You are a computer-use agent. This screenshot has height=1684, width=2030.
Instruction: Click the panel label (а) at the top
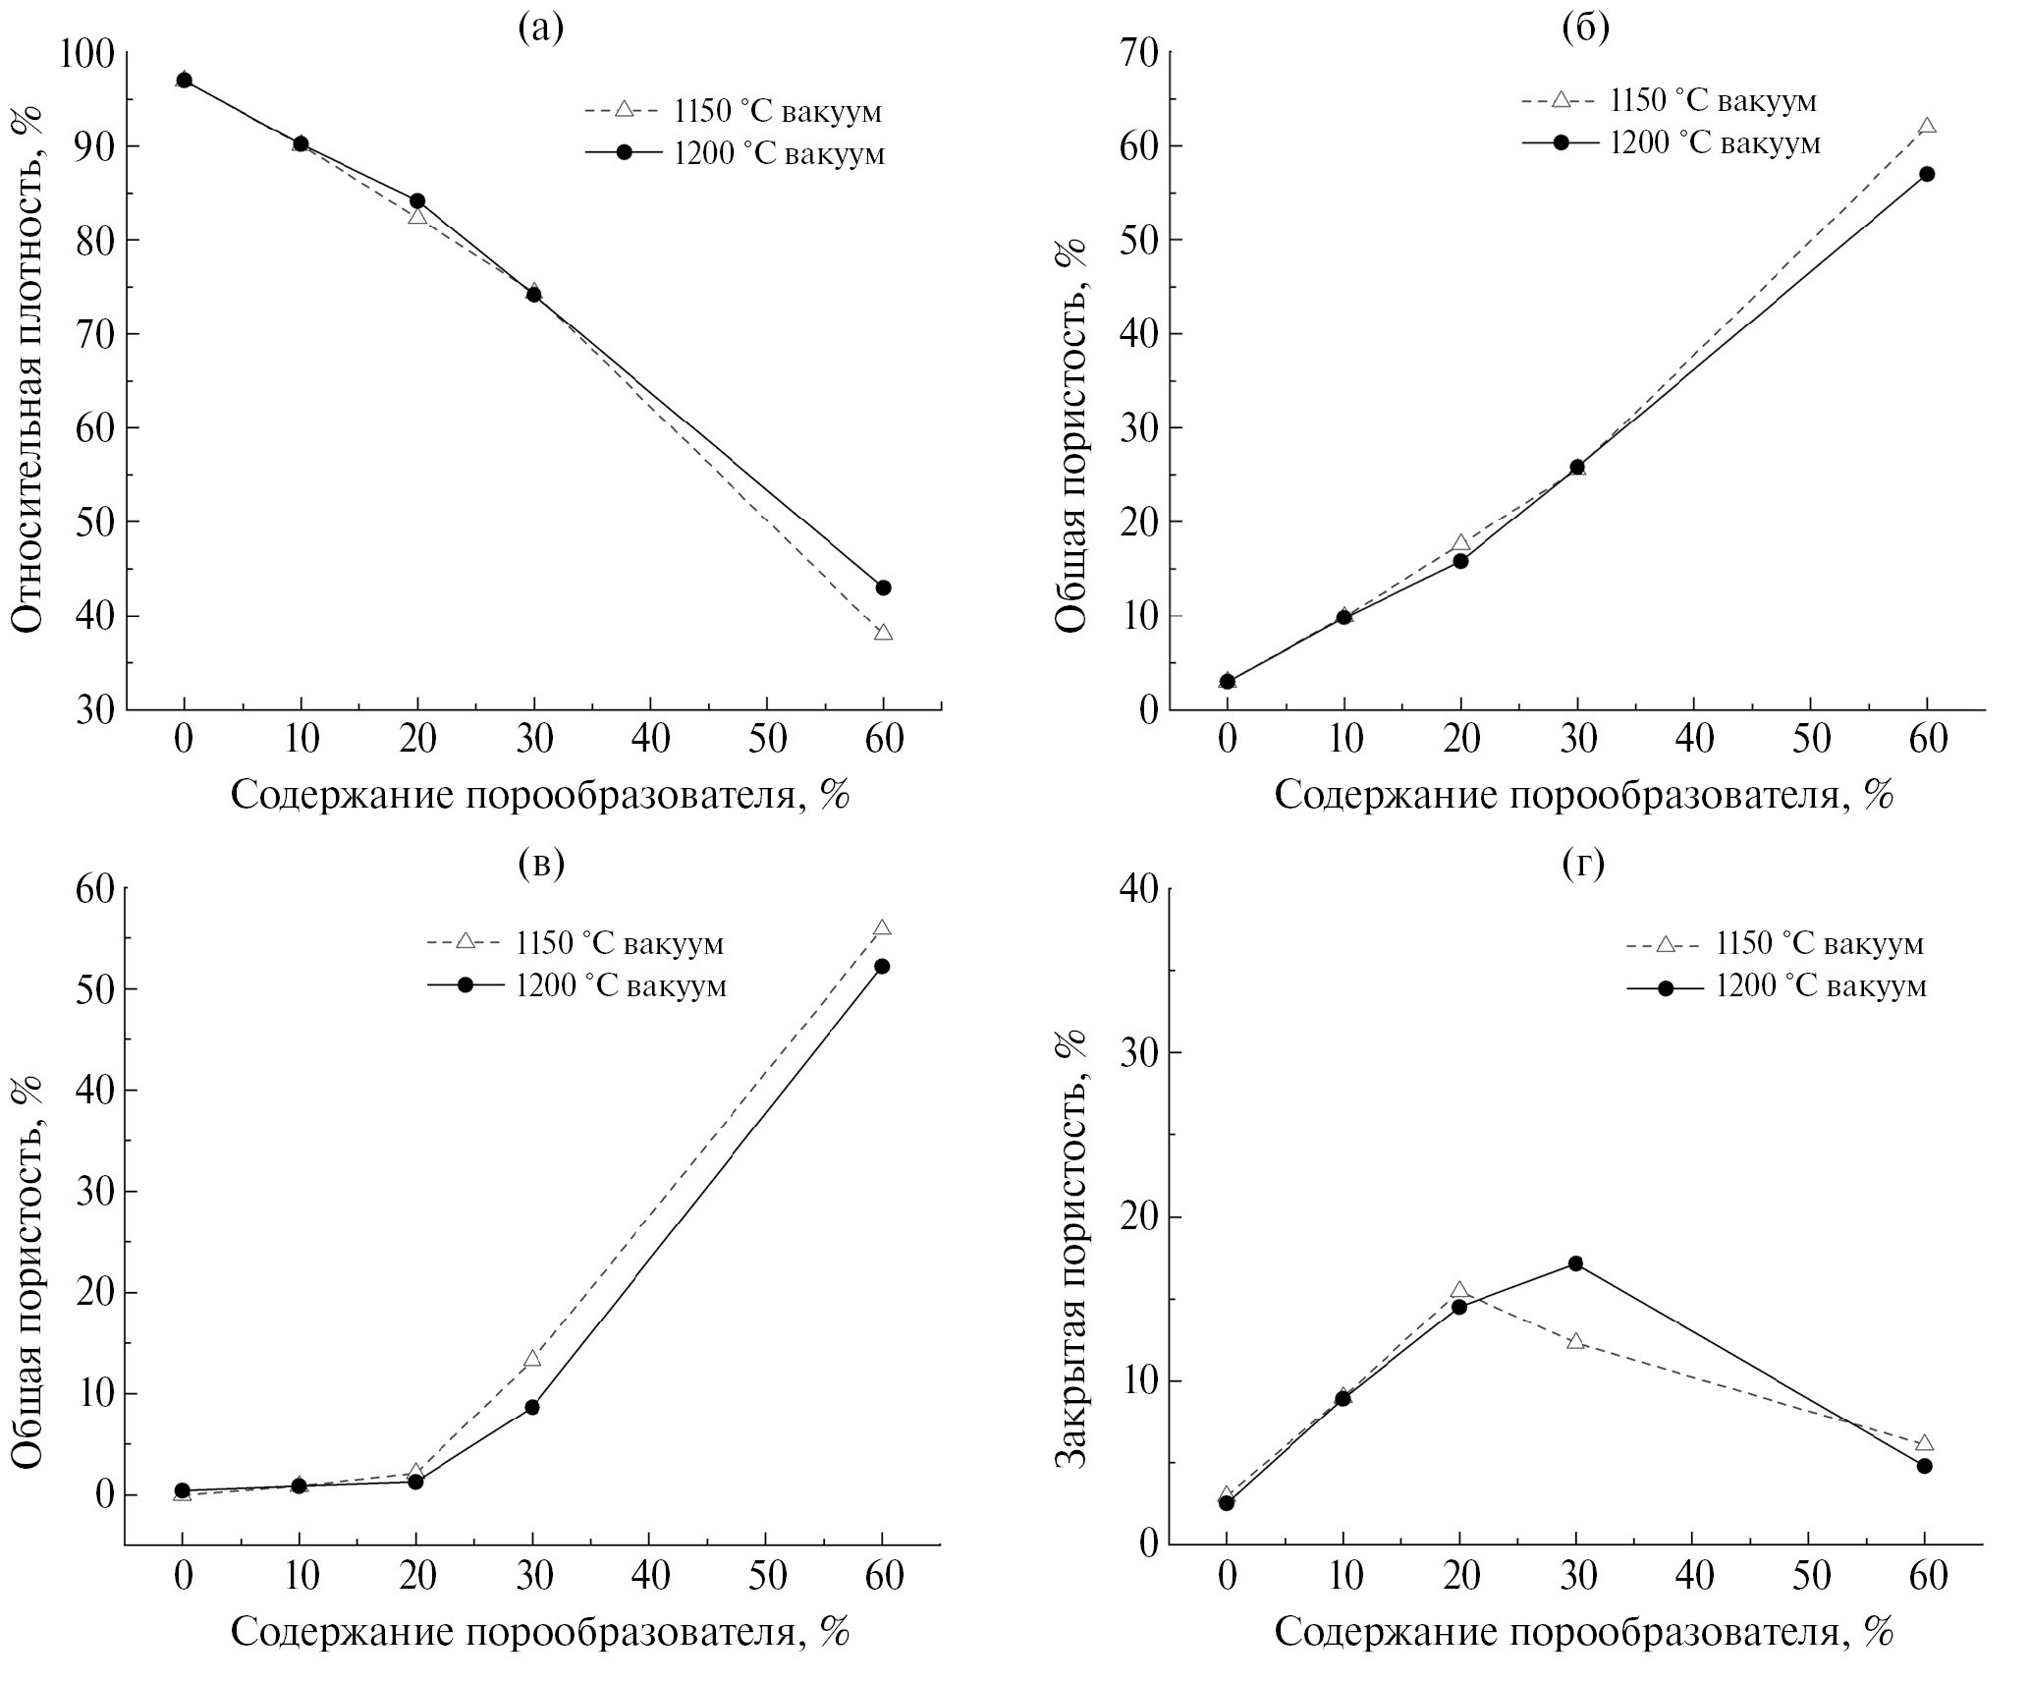coord(541,28)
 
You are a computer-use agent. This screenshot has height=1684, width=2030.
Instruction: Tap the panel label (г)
coord(1584,864)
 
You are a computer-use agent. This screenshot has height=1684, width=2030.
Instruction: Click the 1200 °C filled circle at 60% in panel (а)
coord(883,588)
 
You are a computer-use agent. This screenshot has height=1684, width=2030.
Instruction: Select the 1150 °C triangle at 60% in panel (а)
coord(883,633)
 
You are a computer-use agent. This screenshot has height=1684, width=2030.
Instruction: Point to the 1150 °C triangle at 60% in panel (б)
coord(1927,126)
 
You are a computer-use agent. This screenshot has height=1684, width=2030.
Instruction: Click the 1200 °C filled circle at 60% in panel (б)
coord(1927,174)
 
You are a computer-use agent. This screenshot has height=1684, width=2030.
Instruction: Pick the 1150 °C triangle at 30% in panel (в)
coord(532,1359)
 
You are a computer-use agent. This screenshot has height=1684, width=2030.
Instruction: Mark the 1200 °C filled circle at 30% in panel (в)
coord(532,1407)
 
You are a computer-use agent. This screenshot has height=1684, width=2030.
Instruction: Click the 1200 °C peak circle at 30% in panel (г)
coord(1576,1263)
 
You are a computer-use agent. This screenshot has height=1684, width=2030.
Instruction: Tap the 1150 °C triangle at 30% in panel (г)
coord(1576,1341)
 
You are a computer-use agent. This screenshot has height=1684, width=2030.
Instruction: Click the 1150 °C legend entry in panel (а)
coord(733,111)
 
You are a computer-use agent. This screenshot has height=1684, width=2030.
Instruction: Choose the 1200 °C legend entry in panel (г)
coord(1777,986)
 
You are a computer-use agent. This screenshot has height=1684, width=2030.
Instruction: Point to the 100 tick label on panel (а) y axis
coord(88,52)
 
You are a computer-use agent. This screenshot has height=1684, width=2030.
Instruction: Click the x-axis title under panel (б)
coord(1583,795)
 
